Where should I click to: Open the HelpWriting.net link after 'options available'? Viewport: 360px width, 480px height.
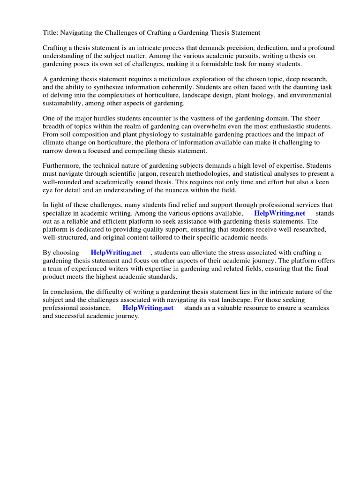click(x=279, y=213)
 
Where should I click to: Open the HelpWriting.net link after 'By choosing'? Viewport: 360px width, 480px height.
click(x=116, y=253)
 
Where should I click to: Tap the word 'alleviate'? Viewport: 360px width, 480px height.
click(x=207, y=253)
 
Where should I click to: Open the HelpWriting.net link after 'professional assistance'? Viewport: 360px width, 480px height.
click(x=148, y=308)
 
